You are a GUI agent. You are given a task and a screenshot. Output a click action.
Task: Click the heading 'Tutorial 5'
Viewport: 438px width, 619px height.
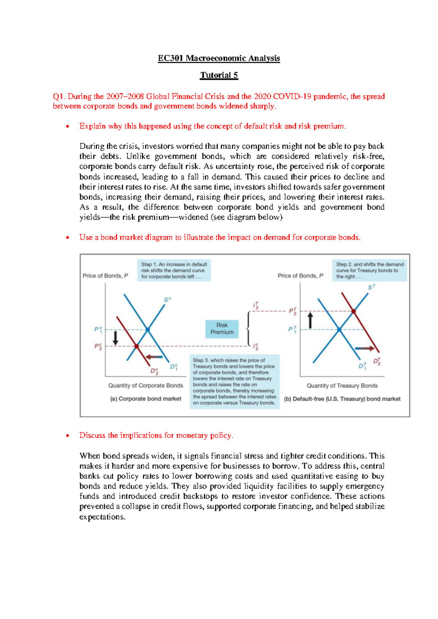(x=219, y=75)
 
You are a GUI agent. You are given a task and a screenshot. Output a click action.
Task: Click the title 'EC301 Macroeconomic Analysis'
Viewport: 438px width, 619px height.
(x=219, y=58)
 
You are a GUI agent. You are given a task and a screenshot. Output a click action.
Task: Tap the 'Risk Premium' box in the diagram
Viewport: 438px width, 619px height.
(x=222, y=329)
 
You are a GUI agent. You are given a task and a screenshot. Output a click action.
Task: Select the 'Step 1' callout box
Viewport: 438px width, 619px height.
(x=174, y=270)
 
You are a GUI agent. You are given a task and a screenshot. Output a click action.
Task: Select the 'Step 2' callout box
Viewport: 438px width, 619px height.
(x=369, y=270)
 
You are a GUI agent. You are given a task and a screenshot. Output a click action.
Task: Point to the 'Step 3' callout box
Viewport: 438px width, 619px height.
(x=235, y=381)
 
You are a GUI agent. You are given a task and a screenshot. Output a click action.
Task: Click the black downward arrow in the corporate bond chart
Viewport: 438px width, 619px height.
(x=115, y=338)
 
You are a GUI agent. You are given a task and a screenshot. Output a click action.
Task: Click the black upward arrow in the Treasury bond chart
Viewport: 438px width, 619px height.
(x=310, y=320)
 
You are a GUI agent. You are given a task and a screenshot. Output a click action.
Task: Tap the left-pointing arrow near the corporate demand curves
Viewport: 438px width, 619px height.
(x=154, y=357)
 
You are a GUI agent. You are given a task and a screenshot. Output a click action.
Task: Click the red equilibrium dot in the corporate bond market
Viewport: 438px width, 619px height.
(x=137, y=346)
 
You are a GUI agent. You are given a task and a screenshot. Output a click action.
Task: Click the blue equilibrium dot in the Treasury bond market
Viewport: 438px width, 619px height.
(x=339, y=330)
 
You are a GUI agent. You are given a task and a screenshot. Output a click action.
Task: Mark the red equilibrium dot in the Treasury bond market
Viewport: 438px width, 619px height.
(x=354, y=311)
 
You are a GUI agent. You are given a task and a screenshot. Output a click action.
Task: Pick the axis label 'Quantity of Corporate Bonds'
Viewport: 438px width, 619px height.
(x=146, y=385)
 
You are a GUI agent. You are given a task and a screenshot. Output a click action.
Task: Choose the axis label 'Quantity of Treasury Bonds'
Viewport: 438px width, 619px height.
(x=342, y=386)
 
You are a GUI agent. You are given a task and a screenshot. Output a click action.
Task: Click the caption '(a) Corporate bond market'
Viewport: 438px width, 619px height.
(x=146, y=399)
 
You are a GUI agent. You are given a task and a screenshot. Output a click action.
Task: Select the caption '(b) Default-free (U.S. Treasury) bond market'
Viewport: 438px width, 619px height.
(x=342, y=399)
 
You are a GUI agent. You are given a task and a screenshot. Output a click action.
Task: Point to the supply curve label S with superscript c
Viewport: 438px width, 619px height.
(x=168, y=300)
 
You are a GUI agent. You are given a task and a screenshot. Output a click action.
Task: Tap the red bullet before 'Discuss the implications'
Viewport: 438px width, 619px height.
(x=68, y=436)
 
